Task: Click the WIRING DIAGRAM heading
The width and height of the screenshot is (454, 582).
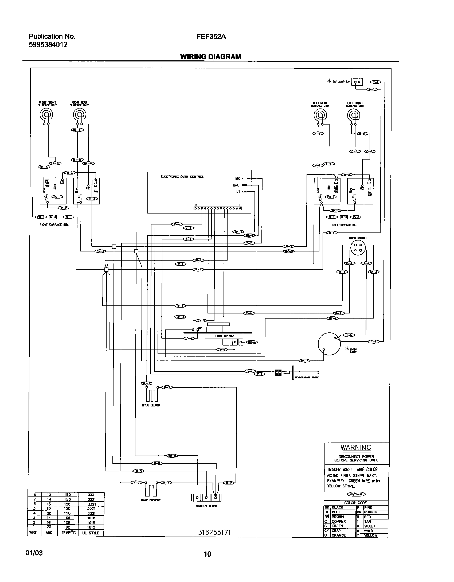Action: coord(210,57)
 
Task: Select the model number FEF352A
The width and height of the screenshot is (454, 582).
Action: coord(211,37)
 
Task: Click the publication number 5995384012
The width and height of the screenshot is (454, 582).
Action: coord(48,45)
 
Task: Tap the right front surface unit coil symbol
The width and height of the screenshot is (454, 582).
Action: coord(46,115)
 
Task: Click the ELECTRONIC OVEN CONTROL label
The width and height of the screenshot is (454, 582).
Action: coord(182,177)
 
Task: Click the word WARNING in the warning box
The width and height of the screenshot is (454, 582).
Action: coord(356,447)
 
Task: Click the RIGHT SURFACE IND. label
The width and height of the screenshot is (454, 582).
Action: coord(54,225)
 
